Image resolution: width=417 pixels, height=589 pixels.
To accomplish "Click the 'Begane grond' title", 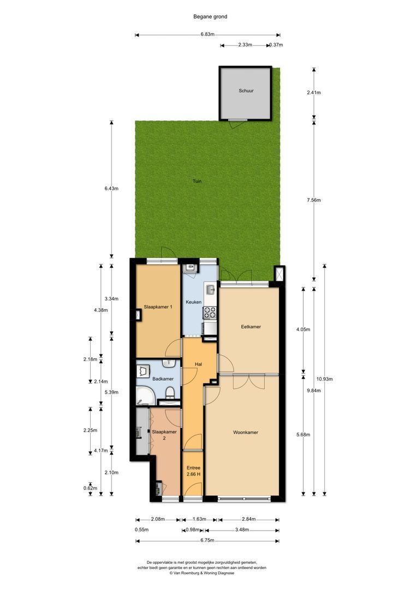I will click(x=210, y=16).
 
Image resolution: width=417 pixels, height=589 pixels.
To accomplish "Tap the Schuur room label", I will click(x=246, y=91).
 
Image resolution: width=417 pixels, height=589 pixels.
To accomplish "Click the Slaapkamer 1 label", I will click(x=158, y=307).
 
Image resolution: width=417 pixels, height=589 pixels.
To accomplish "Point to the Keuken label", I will click(x=194, y=302).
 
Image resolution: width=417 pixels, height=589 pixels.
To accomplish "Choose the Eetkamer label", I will click(x=251, y=327).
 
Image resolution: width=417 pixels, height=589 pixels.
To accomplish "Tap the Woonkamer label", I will click(x=245, y=432).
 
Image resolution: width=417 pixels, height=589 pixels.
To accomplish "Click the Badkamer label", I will click(x=163, y=378).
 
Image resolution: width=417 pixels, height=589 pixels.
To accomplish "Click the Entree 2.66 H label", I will click(x=193, y=471).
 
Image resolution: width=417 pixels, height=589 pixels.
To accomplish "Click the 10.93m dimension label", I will click(x=324, y=379).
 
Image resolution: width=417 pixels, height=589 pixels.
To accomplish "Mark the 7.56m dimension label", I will click(x=314, y=200).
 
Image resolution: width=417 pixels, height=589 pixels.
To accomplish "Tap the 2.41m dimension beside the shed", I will click(x=314, y=92).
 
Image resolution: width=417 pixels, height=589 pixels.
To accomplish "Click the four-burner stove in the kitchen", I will click(x=210, y=312).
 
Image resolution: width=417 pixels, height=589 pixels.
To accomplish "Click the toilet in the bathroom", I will click(x=170, y=393).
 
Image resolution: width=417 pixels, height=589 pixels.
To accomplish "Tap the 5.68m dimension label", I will click(x=303, y=435).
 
